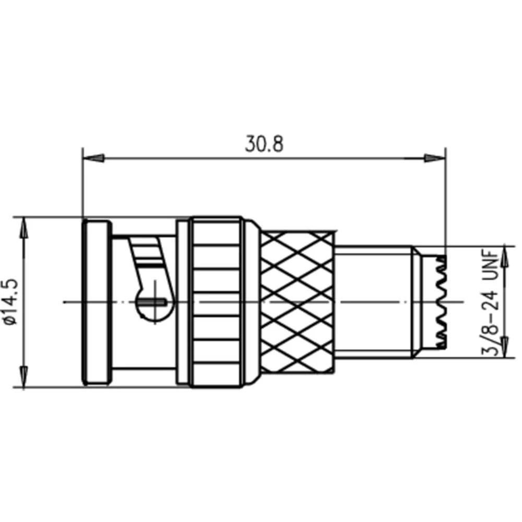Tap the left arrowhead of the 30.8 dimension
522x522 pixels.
(x=94, y=158)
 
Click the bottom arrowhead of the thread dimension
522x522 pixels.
(x=504, y=349)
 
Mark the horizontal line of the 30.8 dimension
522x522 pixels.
(x=264, y=158)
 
